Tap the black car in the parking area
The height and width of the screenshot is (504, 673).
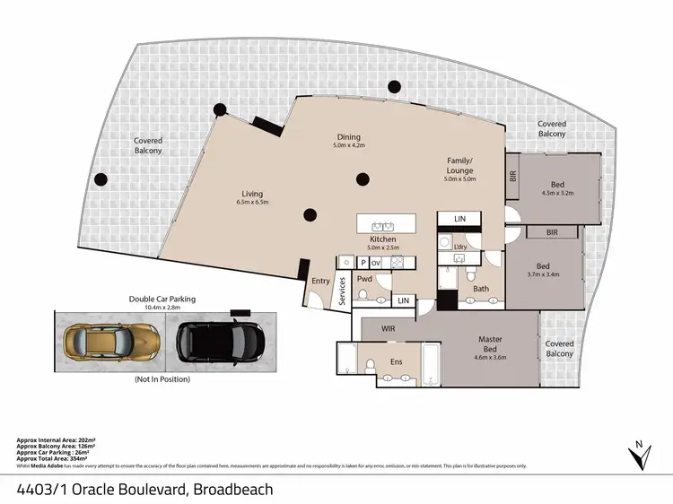pyautogui.click(x=217, y=340)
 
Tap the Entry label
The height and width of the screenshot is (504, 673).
pyautogui.click(x=320, y=281)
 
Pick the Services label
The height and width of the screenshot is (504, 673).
pyautogui.click(x=343, y=292)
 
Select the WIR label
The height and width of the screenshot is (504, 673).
pyautogui.click(x=389, y=328)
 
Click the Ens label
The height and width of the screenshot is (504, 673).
pyautogui.click(x=396, y=361)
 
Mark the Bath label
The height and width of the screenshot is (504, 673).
pyautogui.click(x=481, y=289)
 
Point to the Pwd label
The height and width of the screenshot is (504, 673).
pyautogui.click(x=364, y=279)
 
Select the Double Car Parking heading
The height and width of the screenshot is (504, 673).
pyautogui.click(x=162, y=299)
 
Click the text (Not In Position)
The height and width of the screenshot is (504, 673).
pyautogui.click(x=162, y=379)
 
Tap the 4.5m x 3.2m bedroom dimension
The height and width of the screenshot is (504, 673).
pyautogui.click(x=558, y=191)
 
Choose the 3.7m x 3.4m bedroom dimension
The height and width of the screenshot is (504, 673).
pyautogui.click(x=543, y=274)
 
